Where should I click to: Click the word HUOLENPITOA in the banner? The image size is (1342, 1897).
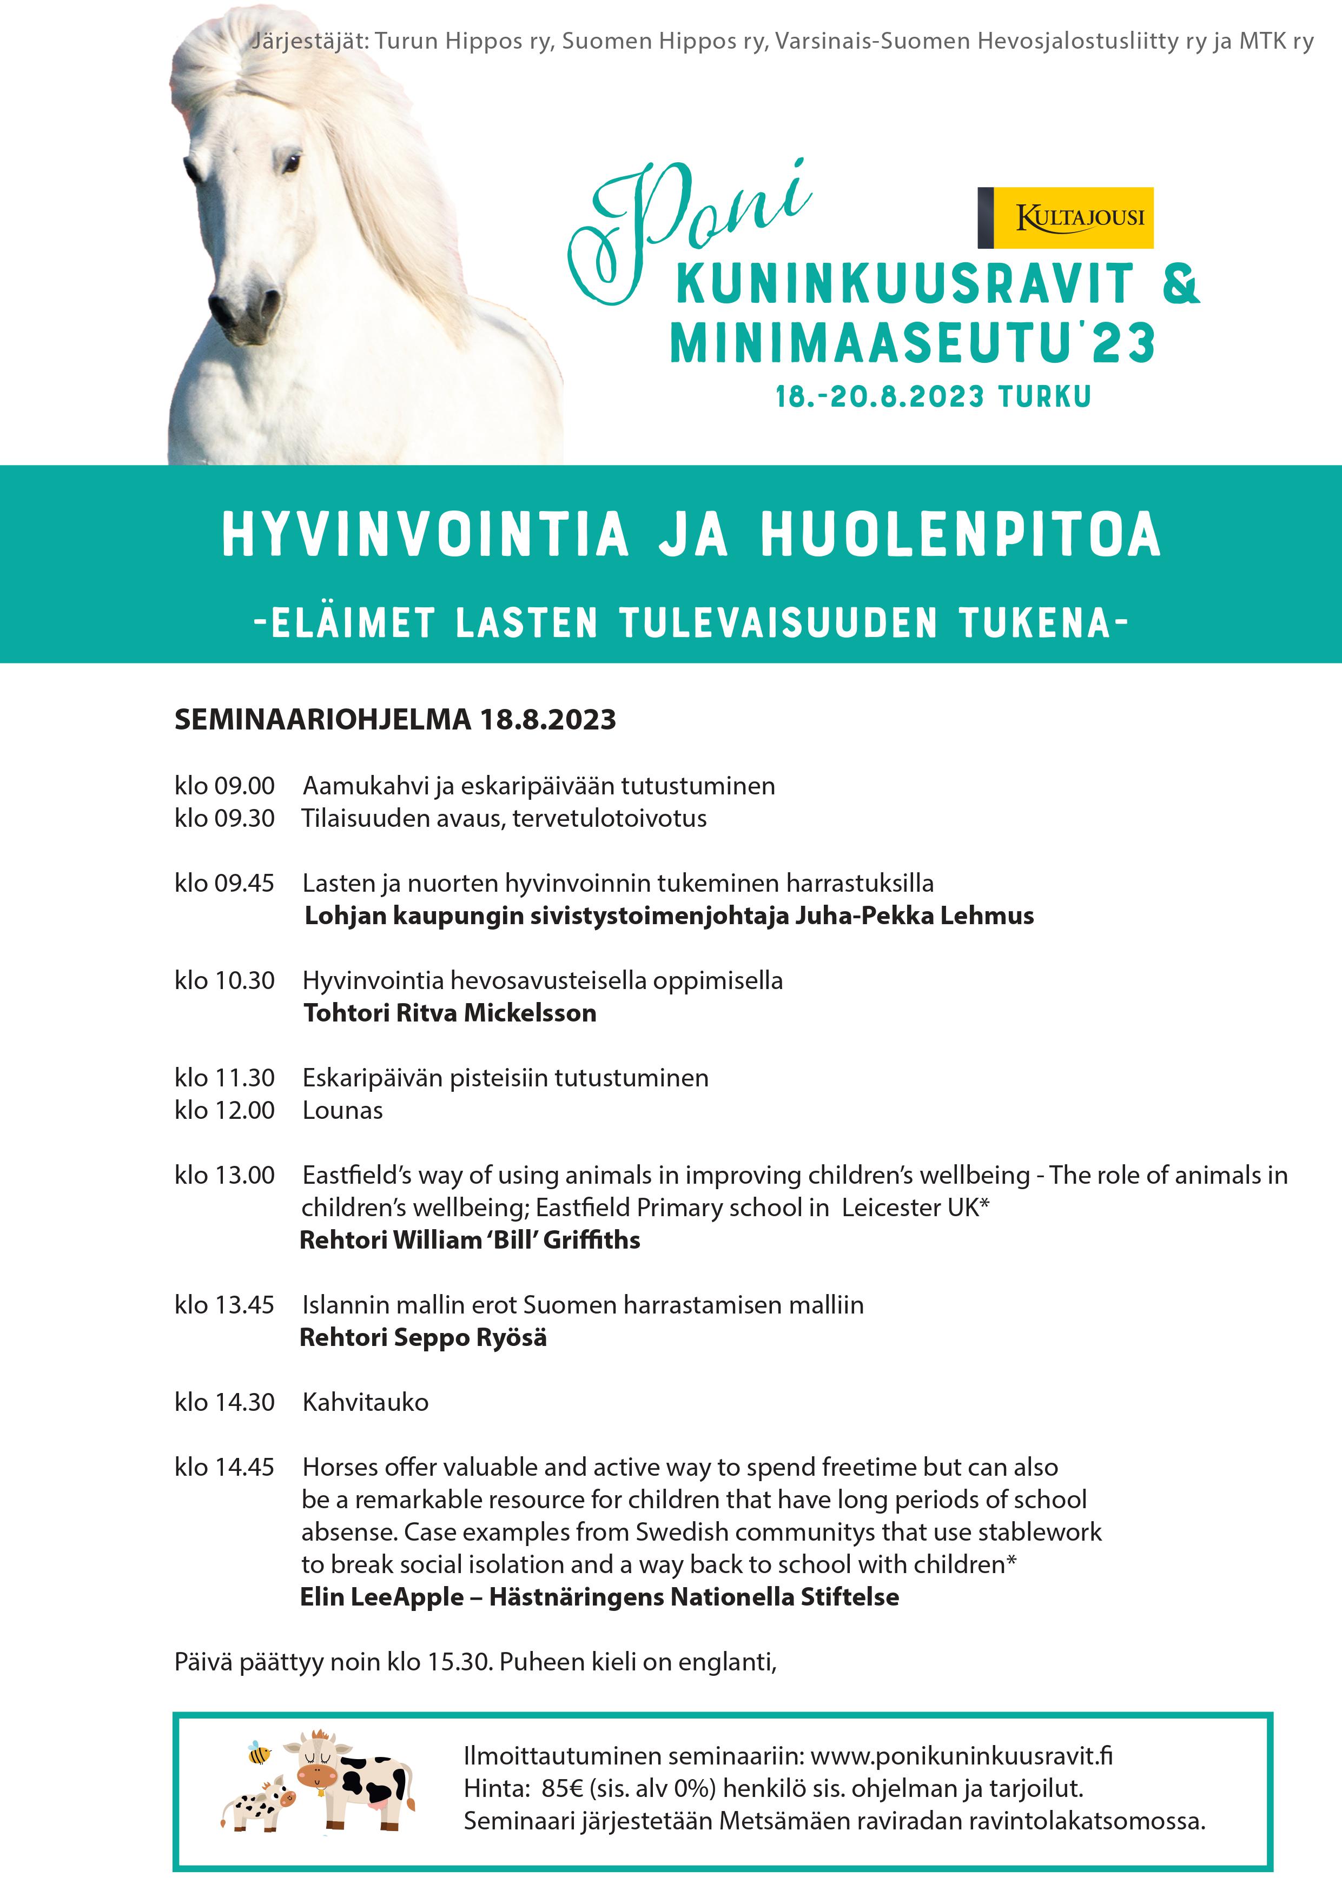[x=960, y=535]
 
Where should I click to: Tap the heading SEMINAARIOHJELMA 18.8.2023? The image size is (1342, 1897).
[x=395, y=720]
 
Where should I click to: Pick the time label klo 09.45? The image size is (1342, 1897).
[x=224, y=883]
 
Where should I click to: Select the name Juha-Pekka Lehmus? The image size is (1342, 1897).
[x=914, y=916]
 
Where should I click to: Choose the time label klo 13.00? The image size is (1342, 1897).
[x=224, y=1175]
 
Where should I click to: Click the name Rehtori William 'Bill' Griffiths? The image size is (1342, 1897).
[x=470, y=1240]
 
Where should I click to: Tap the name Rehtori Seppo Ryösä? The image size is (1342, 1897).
[x=422, y=1338]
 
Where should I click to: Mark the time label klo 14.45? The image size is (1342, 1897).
[x=224, y=1468]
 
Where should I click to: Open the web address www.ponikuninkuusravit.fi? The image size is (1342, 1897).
[x=961, y=1756]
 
